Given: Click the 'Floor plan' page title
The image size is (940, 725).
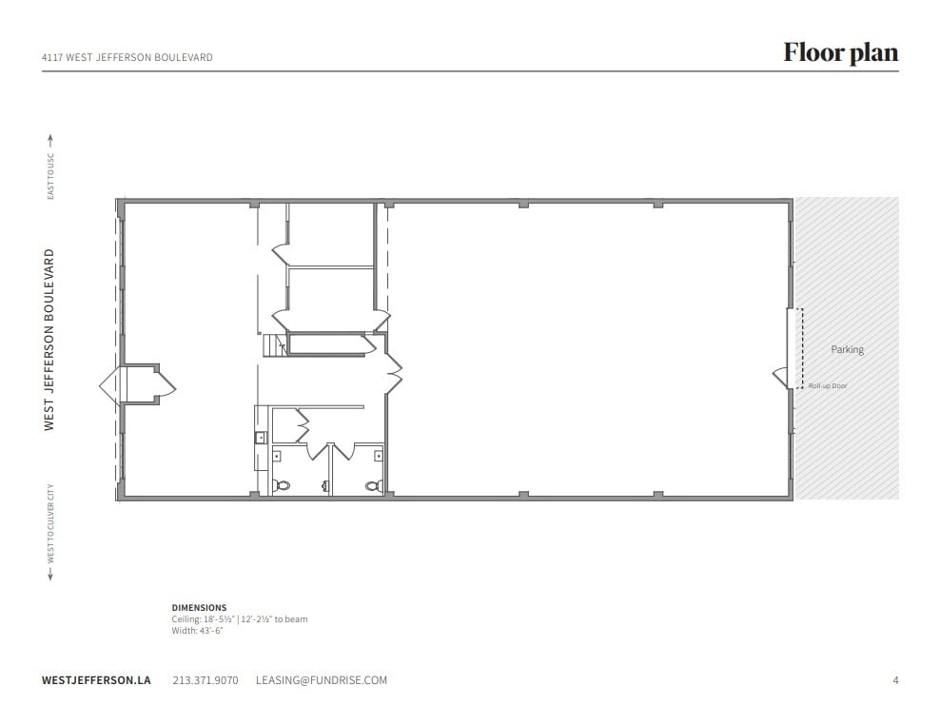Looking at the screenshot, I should pos(840,52).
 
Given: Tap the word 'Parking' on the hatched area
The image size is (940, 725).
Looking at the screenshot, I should pos(847,349).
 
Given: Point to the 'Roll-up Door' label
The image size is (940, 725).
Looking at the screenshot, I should pos(827,385).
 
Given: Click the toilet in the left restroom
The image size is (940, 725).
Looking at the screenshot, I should pos(282,484).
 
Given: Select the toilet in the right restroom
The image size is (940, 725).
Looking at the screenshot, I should pos(374,484).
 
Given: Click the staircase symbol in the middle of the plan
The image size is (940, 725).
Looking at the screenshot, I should pos(275,345).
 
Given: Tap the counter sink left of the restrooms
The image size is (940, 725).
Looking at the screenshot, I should pos(260,438).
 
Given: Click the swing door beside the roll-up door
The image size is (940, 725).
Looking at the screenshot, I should pos(779,378).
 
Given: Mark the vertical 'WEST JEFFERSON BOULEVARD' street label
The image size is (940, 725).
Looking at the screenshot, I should pos(49,340).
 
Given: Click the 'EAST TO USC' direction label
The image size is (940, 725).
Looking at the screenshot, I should pos(50,171).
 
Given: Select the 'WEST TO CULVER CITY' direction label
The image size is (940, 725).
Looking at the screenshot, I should pos(50,523).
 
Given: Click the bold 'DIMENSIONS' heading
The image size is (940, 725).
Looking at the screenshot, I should pos(199,607).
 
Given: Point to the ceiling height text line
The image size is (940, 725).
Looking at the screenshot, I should pos(239,618).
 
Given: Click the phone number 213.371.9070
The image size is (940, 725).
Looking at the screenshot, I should pos(206,680).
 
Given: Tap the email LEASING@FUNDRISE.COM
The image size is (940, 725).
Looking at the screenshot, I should pos(322,680).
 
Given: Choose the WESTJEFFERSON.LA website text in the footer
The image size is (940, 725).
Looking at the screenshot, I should pos(96,680).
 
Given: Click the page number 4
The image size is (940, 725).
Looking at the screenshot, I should pos(895,680).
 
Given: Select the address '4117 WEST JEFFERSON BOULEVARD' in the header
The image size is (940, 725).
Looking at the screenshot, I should pos(127,57).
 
